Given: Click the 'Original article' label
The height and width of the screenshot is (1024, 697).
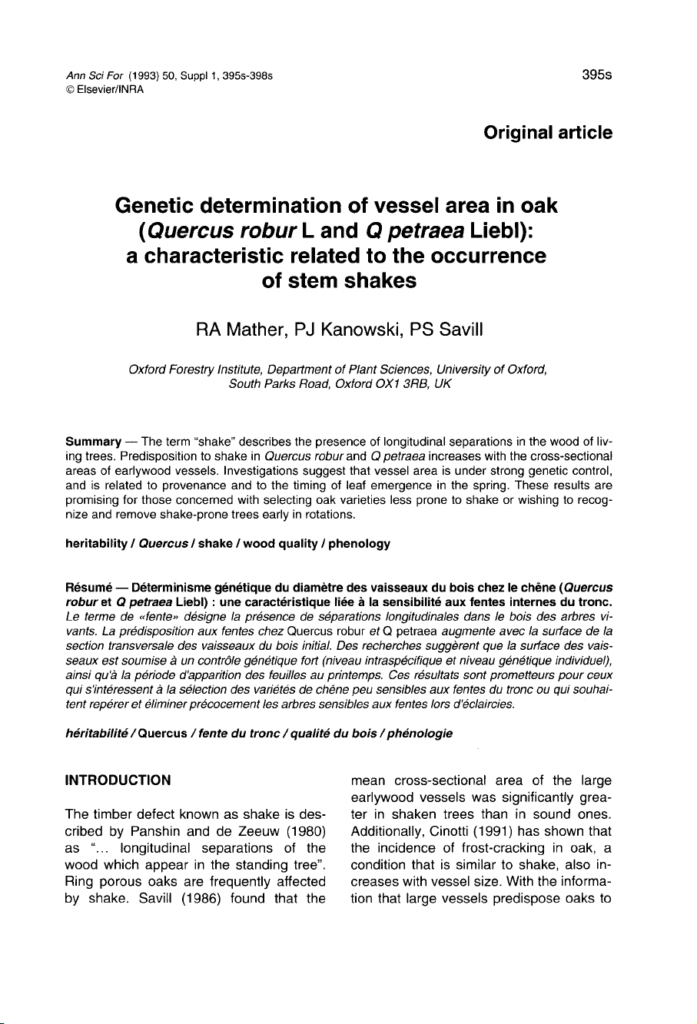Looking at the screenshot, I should coord(548,133).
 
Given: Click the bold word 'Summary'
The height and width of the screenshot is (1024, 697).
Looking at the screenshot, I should coord(93,443).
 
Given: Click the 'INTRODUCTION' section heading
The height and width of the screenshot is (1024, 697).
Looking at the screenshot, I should coord(118,759).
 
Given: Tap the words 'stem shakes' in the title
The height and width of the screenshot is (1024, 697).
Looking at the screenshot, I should coord(339,280).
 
